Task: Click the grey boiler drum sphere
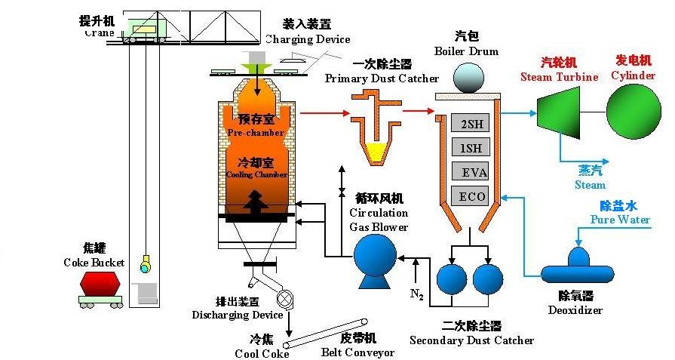(x=468, y=78)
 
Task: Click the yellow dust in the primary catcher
(x=374, y=152)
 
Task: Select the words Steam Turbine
(x=559, y=77)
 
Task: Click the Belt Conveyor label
(x=357, y=352)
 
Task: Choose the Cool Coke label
(x=262, y=354)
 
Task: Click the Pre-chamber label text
(x=255, y=133)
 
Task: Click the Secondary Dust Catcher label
(x=471, y=340)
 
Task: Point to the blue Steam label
(x=590, y=185)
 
